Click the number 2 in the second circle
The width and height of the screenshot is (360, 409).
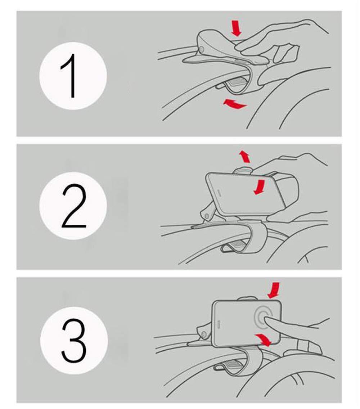(x=74, y=206)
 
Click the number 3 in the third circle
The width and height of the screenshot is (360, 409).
(x=74, y=341)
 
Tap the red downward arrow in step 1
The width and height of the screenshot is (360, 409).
(x=237, y=28)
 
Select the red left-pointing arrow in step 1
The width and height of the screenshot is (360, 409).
(x=234, y=103)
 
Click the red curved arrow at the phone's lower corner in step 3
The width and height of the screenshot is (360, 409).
(x=264, y=340)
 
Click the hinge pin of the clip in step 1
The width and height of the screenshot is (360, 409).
(x=201, y=49)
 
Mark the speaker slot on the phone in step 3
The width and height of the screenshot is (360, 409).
(x=219, y=323)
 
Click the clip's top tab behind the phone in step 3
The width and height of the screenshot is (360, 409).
(x=247, y=298)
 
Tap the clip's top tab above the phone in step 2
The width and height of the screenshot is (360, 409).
(x=243, y=170)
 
